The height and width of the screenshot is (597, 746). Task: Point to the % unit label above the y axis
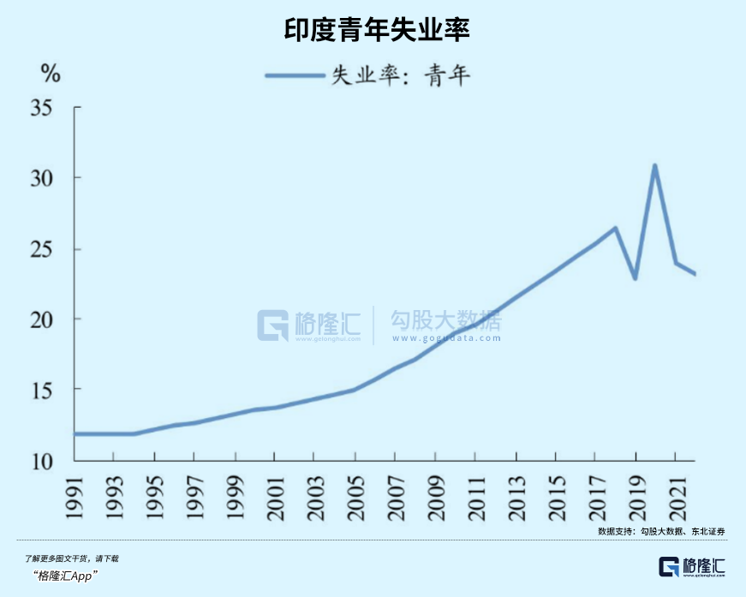51,74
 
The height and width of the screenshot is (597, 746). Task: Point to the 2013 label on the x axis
516,498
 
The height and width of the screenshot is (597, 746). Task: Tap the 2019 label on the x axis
636,498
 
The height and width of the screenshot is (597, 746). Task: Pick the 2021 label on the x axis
675,498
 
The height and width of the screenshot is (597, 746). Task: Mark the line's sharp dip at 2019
636,278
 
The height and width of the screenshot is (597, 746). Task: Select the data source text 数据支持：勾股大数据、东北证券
661,532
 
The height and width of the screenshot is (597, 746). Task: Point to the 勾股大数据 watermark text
445,322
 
